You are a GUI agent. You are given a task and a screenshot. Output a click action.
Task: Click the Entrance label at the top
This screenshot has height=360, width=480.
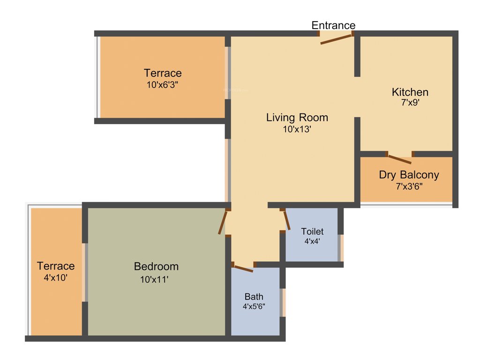(333, 25)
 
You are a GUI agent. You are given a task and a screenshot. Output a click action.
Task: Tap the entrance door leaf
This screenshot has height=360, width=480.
(336, 39)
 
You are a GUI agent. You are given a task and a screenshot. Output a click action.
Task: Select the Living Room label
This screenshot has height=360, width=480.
(297, 117)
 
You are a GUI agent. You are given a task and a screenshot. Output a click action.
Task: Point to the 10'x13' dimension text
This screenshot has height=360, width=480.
(297, 130)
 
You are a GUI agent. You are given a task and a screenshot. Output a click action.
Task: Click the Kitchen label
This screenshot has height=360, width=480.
(410, 92)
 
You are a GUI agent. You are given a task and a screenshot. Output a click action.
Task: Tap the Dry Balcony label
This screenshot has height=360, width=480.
(409, 175)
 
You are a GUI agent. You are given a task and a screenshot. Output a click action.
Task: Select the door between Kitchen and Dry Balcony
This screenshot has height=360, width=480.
(399, 158)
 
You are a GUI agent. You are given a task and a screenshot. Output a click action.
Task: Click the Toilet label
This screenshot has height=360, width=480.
(312, 232)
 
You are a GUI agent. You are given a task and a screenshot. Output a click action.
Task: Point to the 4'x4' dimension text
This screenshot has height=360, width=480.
(312, 242)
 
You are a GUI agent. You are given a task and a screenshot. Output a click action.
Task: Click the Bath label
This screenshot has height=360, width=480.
(254, 297)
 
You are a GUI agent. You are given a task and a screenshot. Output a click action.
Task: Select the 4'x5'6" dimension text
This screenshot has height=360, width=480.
(254, 307)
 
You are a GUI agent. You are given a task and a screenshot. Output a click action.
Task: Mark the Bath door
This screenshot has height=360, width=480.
(243, 268)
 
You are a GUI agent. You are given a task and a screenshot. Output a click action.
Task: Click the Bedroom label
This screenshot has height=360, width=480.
(156, 266)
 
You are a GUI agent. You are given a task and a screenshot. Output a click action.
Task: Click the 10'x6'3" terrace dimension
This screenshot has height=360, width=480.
(162, 85)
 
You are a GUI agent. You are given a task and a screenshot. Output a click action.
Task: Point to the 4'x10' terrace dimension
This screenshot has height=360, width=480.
(56, 277)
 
